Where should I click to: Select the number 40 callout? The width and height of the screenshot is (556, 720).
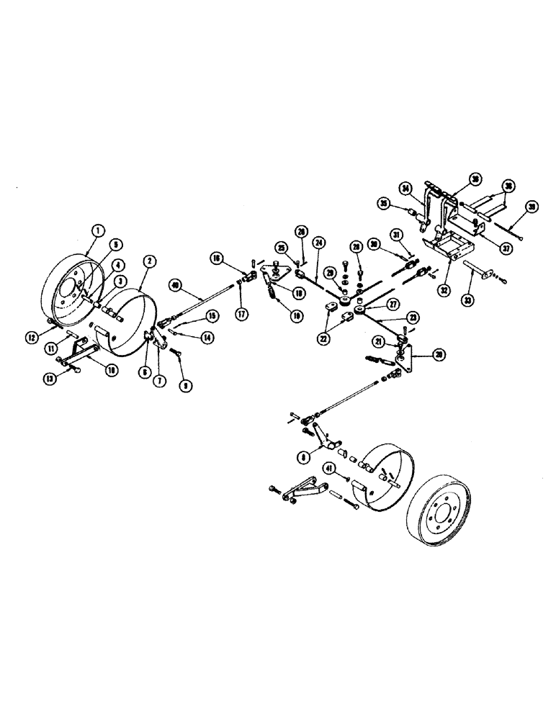click(175, 285)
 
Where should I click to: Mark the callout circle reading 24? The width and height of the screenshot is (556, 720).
click(319, 242)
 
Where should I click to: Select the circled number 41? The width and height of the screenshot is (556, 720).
click(329, 469)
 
